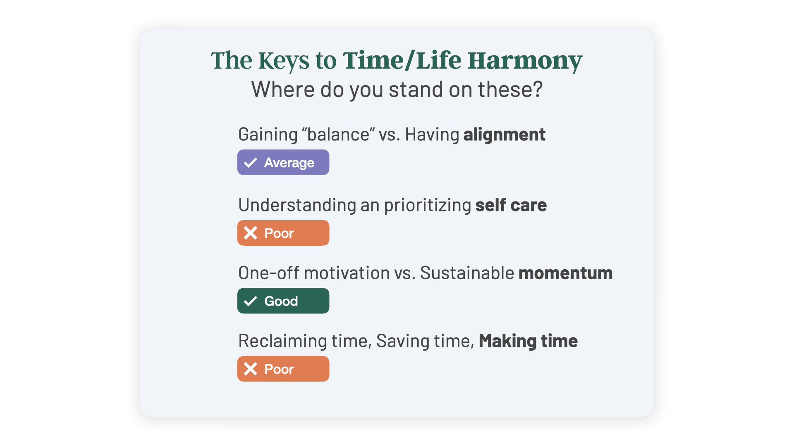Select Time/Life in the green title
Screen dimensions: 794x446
pyautogui.click(x=402, y=60)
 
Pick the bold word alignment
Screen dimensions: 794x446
pyautogui.click(x=505, y=135)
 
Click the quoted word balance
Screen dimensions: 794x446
pyautogui.click(x=338, y=135)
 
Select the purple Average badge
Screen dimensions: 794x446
pyautogui.click(x=283, y=162)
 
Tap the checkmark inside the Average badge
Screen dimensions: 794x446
pyautogui.click(x=251, y=163)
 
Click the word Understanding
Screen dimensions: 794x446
pyautogui.click(x=297, y=205)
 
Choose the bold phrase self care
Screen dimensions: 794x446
pyautogui.click(x=511, y=205)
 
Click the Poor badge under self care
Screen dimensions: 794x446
pyautogui.click(x=283, y=233)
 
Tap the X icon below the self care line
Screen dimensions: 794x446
pyautogui.click(x=251, y=233)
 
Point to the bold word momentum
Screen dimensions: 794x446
pyautogui.click(x=566, y=273)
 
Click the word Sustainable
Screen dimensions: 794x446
pyautogui.click(x=467, y=273)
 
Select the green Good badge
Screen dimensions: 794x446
pyautogui.click(x=283, y=301)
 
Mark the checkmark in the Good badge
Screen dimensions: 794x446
pyautogui.click(x=251, y=301)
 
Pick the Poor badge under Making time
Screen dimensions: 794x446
pyautogui.click(x=283, y=369)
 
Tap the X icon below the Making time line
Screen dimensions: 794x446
pyautogui.click(x=251, y=369)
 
